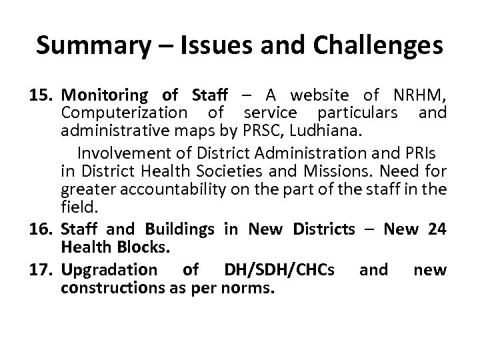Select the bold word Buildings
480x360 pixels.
[178, 230]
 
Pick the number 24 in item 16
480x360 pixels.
[437, 230]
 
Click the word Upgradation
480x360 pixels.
[109, 270]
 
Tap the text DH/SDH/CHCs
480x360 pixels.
[280, 270]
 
